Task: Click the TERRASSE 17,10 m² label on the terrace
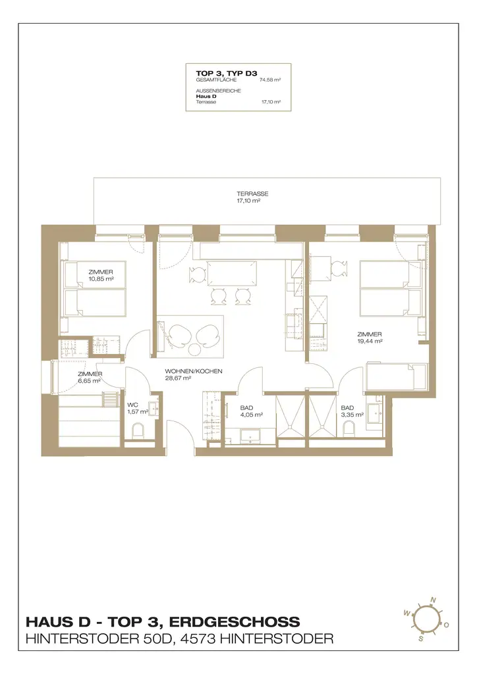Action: pyautogui.click(x=252, y=197)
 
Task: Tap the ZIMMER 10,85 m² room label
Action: pyautogui.click(x=101, y=276)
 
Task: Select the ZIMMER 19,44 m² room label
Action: pyautogui.click(x=370, y=338)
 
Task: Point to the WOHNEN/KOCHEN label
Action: pyautogui.click(x=194, y=371)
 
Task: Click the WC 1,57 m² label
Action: pyautogui.click(x=138, y=408)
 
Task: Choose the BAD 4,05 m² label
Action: pyautogui.click(x=251, y=411)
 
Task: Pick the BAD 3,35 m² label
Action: pyautogui.click(x=352, y=411)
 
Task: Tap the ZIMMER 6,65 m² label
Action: pyautogui.click(x=90, y=377)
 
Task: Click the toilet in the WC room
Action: pyautogui.click(x=138, y=430)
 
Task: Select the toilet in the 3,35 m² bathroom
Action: pyautogui.click(x=349, y=427)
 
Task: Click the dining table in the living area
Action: pyautogui.click(x=233, y=273)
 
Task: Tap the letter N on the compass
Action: pyautogui.click(x=433, y=600)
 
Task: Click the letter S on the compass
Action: pyautogui.click(x=420, y=638)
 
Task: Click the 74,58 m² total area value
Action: pyautogui.click(x=270, y=80)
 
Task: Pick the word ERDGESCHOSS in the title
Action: pyautogui.click(x=235, y=621)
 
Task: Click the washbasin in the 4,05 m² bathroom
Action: pyautogui.click(x=248, y=436)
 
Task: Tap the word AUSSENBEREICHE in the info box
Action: pyautogui.click(x=218, y=91)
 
